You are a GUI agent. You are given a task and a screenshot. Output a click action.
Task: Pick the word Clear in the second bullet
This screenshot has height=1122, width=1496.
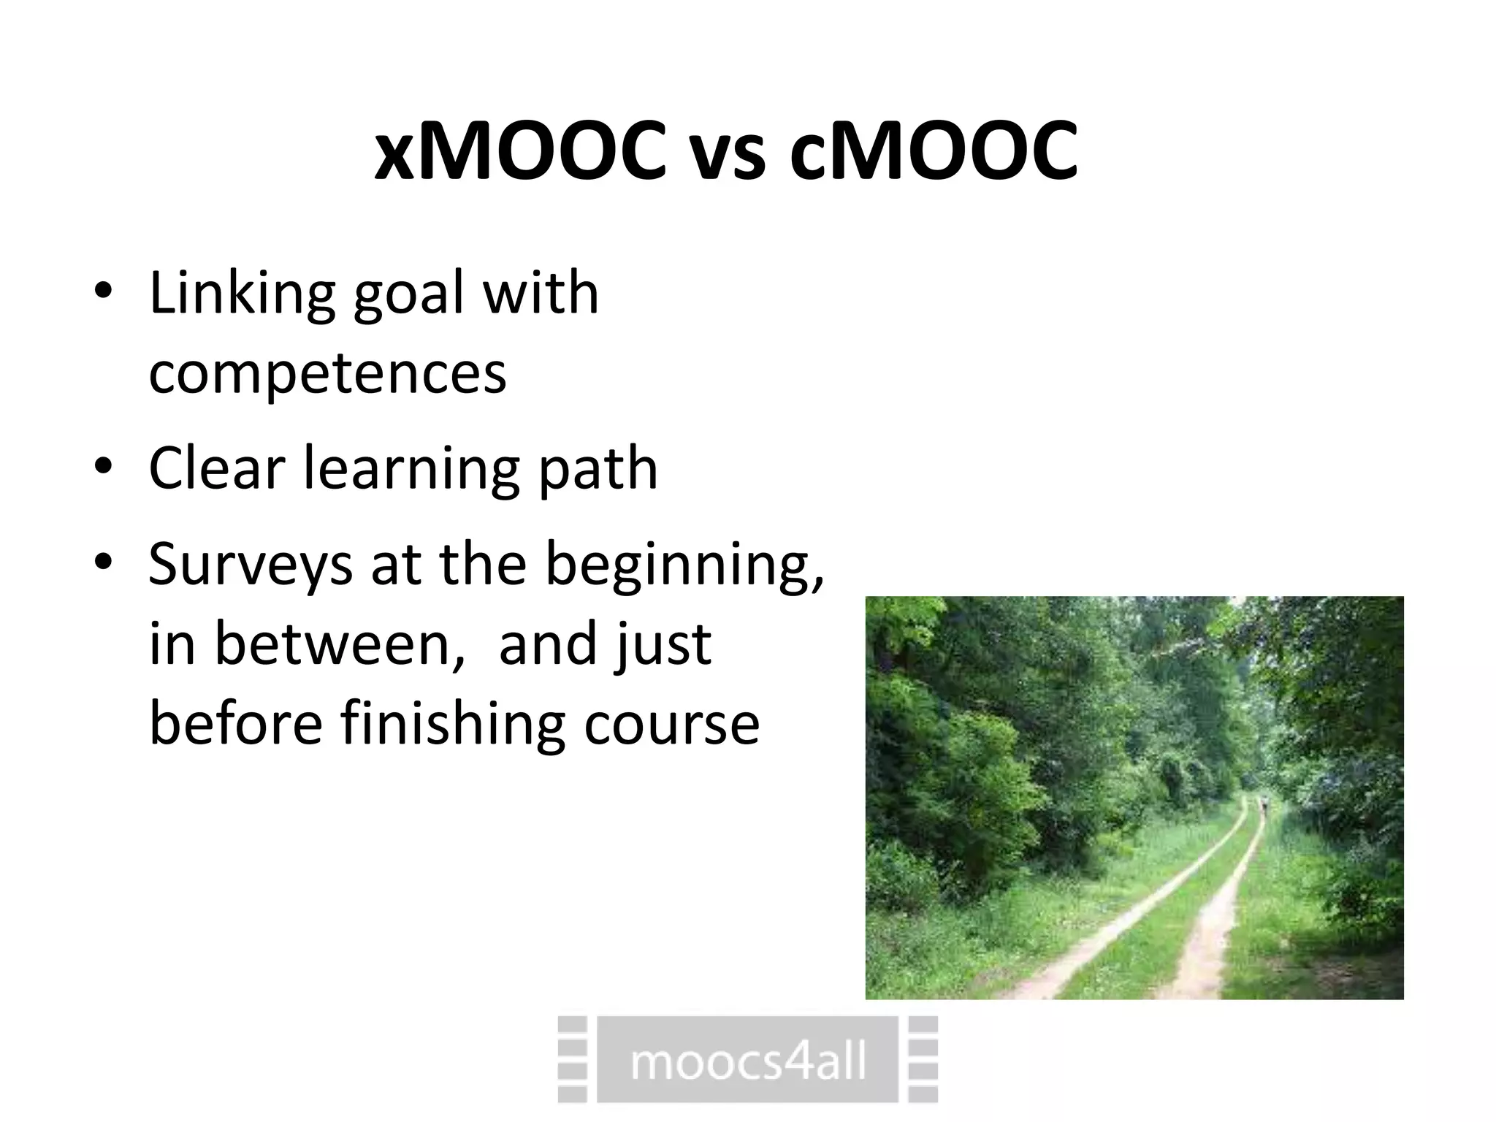click(216, 467)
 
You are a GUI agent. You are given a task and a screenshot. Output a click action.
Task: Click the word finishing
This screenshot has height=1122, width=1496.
click(452, 725)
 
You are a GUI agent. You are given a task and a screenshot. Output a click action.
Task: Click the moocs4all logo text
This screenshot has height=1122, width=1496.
click(747, 1061)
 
